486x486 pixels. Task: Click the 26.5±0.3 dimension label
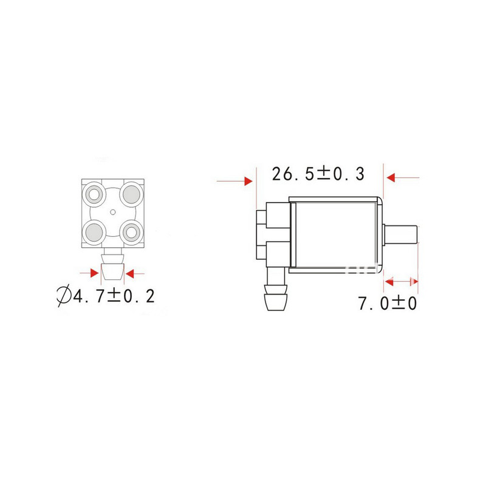pos(318,174)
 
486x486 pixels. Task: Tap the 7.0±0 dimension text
pos(387,303)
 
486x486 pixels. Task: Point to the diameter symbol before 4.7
pos(63,296)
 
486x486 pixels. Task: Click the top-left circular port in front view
pos(95,194)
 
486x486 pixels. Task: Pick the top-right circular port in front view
pos(130,194)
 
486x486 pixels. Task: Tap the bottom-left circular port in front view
pos(95,231)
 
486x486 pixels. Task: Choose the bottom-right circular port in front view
pos(130,231)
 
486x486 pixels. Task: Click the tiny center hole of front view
pos(113,212)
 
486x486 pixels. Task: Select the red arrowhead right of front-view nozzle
pos(131,272)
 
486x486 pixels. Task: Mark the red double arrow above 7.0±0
pos(402,281)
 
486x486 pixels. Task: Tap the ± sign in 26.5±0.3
pos(323,174)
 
